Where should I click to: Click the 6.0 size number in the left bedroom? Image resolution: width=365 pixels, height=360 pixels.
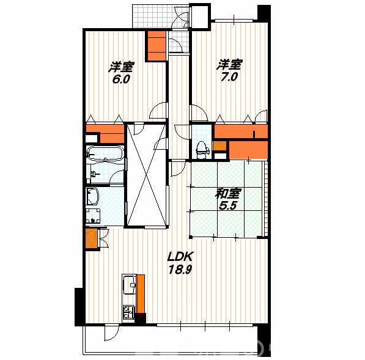point(121,79)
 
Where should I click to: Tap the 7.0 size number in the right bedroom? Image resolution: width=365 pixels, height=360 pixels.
point(229,77)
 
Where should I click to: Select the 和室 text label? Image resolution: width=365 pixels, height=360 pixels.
point(228,194)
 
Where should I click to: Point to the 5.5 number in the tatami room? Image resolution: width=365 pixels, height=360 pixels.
point(228,206)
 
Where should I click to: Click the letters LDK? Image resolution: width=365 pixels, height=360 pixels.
point(180,257)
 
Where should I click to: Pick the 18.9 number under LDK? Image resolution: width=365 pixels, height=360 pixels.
point(180,270)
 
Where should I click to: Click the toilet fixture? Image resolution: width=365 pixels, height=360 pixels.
point(201,150)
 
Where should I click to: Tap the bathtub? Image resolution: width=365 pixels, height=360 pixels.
point(105,153)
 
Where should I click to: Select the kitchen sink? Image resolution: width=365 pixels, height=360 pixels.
point(129,285)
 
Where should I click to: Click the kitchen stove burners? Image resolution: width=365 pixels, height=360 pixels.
point(129,312)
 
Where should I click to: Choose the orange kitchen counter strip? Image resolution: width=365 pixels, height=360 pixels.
point(141,294)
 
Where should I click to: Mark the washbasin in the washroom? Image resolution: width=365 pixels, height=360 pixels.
point(93,196)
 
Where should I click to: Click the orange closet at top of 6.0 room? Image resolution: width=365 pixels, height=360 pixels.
point(157,46)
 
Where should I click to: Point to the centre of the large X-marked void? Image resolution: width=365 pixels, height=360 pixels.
point(147,175)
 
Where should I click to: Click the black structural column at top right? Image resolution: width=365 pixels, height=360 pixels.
point(264,13)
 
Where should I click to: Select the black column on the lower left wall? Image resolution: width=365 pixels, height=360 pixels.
point(79,307)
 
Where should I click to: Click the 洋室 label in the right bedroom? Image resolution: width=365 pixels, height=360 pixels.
point(229,64)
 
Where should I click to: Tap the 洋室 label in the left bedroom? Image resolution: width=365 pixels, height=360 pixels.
point(122,67)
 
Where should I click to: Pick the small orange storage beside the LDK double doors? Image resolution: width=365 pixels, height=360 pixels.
point(91,238)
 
